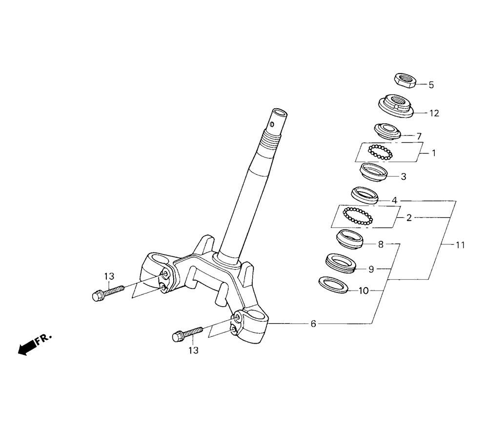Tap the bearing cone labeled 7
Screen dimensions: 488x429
pyautogui.click(x=387, y=132)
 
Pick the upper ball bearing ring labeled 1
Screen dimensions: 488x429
pyautogui.click(x=380, y=153)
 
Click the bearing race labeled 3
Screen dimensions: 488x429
pyautogui.click(x=373, y=172)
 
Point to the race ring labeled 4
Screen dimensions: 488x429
pyautogui.click(x=365, y=195)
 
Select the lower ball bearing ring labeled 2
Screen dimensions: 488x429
pyautogui.click(x=358, y=216)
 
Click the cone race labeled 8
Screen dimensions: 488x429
pyautogui.click(x=349, y=239)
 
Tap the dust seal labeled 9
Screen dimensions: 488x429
pyautogui.click(x=341, y=263)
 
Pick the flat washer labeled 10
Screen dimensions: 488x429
pyautogui.click(x=333, y=284)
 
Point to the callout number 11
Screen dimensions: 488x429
pyautogui.click(x=460, y=245)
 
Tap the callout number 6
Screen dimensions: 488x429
pyautogui.click(x=313, y=324)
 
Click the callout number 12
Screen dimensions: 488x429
pyautogui.click(x=434, y=113)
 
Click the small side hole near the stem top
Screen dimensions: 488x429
pyautogui.click(x=272, y=124)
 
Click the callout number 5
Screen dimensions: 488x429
pyautogui.click(x=431, y=85)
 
